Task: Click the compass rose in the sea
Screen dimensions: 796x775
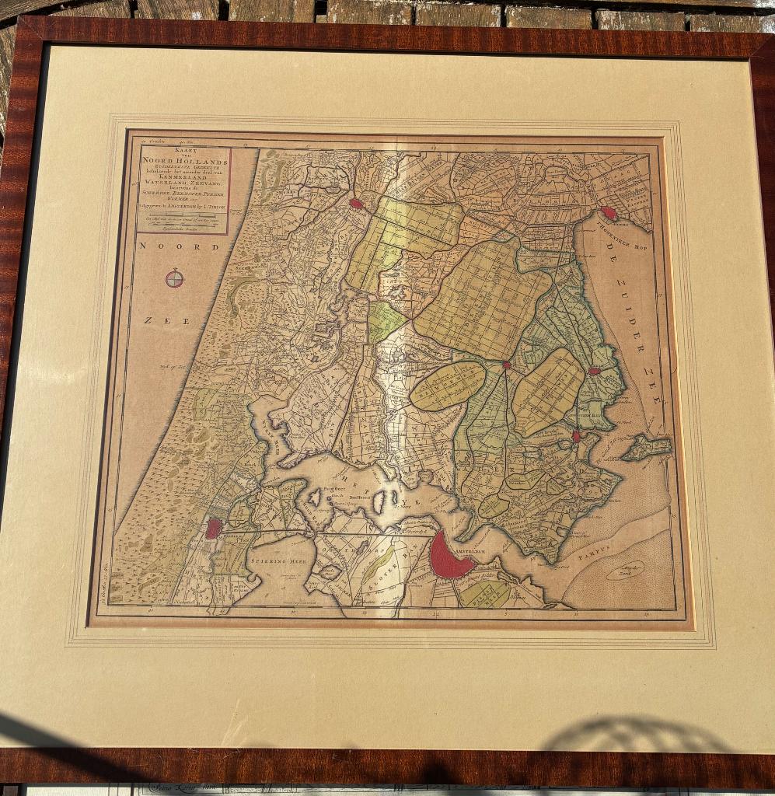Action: coord(175,278)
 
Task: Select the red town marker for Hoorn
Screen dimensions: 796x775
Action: coord(609,213)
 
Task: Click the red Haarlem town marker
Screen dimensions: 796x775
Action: coord(213,529)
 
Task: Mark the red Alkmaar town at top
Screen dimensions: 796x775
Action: coord(356,204)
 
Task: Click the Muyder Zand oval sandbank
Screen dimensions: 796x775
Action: coord(625,571)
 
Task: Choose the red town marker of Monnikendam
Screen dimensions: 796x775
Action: coord(576,436)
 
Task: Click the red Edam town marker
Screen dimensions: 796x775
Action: coord(594,372)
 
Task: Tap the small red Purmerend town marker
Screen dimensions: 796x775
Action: coord(506,364)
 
